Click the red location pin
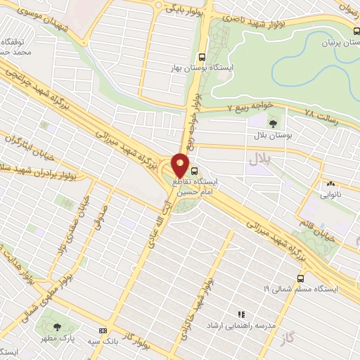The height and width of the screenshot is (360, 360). click(181, 166)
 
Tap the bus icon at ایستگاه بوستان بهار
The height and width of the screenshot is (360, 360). click(202, 58)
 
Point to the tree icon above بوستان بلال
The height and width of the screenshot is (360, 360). click(273, 123)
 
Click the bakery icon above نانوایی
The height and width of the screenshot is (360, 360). click(328, 184)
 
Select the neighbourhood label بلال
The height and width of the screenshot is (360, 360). click(258, 160)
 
